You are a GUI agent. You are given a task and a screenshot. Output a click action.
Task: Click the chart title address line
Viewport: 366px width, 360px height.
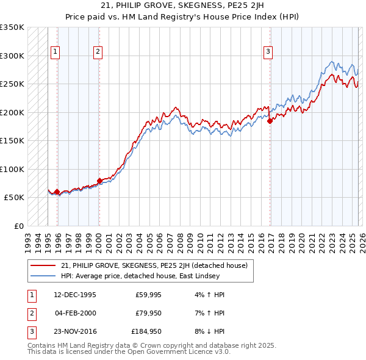tap(182, 5)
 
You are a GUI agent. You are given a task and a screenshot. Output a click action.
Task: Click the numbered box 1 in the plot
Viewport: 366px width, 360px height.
tap(56, 52)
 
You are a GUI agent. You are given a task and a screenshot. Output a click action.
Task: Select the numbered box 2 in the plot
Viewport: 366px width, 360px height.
tap(98, 52)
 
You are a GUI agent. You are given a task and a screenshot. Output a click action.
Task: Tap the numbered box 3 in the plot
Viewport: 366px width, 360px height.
tap(267, 52)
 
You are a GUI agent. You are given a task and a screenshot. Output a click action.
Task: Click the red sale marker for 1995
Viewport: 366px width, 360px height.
tap(57, 192)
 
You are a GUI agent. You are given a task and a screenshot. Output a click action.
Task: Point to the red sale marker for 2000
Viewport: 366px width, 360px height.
tap(99, 181)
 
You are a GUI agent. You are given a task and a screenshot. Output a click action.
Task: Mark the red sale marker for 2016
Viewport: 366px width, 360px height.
tap(269, 121)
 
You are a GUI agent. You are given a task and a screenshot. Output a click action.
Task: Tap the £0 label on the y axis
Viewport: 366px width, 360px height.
tap(18, 226)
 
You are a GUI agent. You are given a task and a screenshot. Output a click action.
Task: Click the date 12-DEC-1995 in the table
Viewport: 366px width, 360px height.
tap(74, 294)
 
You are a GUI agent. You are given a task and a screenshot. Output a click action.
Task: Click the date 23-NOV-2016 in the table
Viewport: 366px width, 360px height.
tap(74, 332)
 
